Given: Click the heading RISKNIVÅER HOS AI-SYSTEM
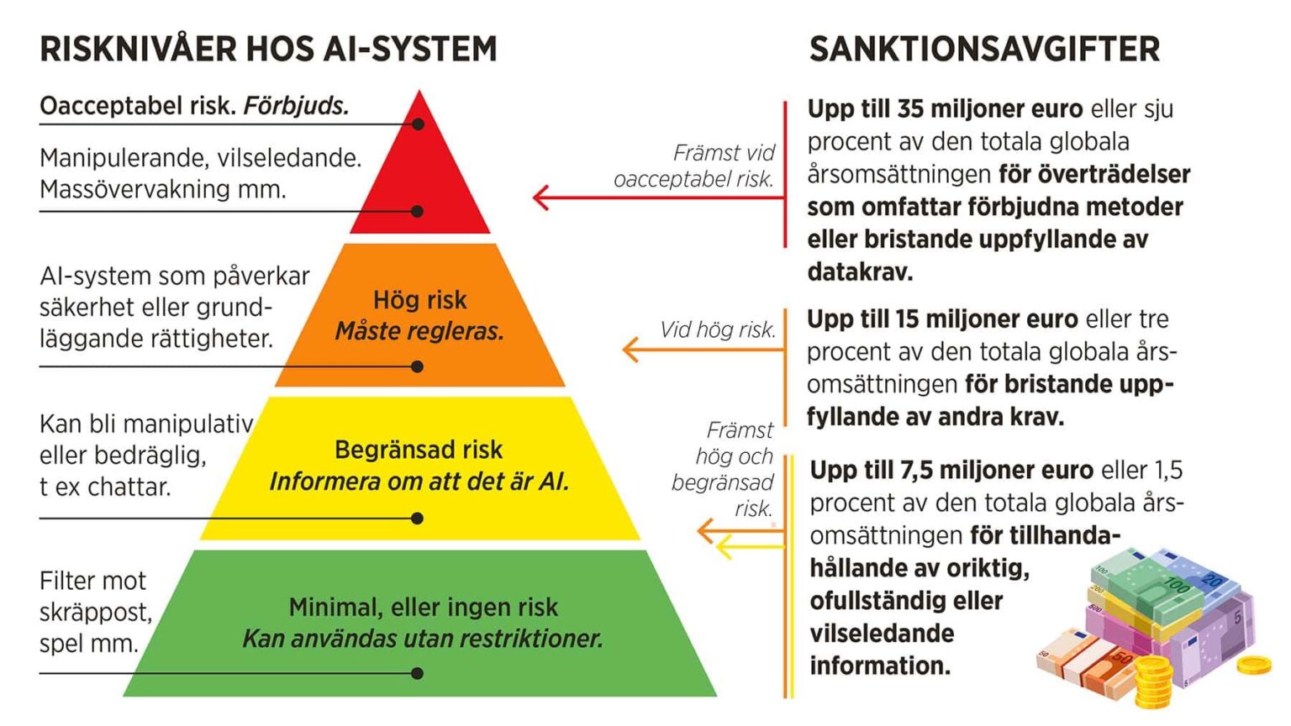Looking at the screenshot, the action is coord(269,49).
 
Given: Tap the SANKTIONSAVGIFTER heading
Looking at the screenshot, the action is coord(984,49).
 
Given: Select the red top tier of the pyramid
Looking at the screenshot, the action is coord(420,173).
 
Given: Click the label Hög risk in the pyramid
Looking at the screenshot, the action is coord(419,300).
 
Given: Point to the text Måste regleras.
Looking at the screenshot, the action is coord(419,331).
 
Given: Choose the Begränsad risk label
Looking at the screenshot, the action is coord(419,450).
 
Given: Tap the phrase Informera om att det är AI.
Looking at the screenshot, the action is coord(419,481).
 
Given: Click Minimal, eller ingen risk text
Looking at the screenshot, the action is coord(423,608).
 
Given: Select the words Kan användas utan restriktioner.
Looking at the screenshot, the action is coord(423,639).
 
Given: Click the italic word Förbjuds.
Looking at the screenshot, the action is coord(296,106).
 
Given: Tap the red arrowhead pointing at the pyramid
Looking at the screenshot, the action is coord(541,197).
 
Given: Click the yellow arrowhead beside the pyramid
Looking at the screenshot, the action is coord(724,547).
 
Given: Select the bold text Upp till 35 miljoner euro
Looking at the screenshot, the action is coord(946,108).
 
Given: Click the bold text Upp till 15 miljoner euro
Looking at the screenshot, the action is coord(942,318).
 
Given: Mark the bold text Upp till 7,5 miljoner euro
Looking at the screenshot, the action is coord(951,471).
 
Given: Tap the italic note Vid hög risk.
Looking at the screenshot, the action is coord(718,329).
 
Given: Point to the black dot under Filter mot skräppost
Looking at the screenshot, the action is coord(418,673).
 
